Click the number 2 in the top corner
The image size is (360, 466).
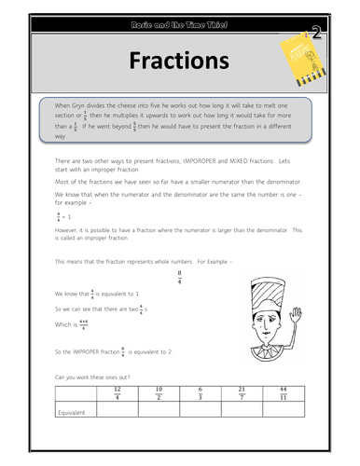[317, 34]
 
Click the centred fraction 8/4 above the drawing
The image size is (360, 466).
[178, 277]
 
